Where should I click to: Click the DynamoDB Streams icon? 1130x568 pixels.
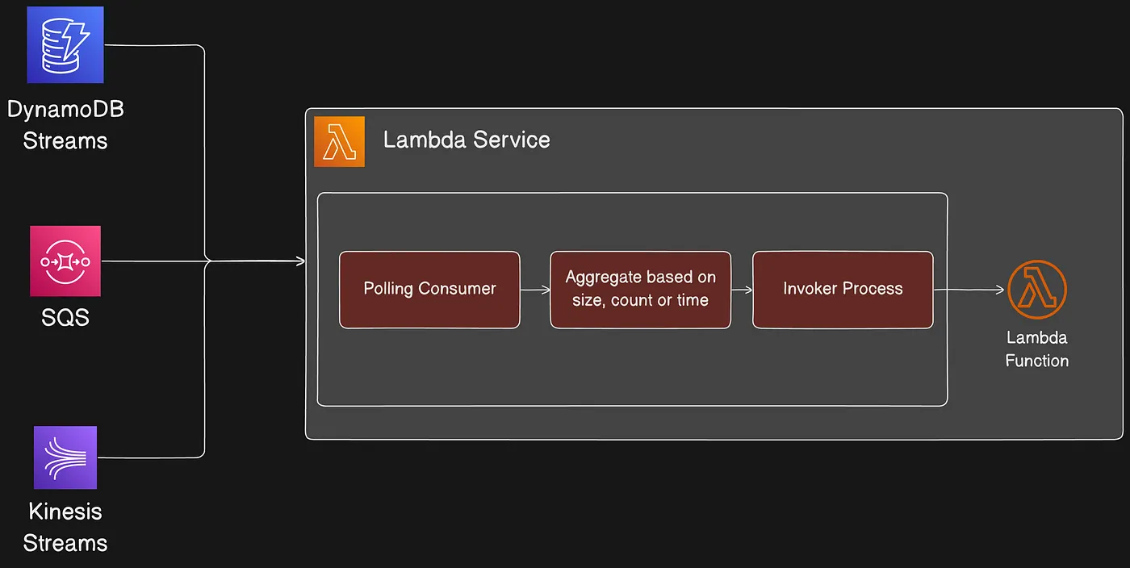point(65,44)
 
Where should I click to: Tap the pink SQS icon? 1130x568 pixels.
point(65,261)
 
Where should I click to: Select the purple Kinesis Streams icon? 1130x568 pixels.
point(65,457)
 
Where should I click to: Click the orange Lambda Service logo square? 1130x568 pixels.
point(339,141)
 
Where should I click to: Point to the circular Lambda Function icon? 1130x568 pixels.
point(1037,290)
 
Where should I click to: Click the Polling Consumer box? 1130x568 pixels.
point(429,290)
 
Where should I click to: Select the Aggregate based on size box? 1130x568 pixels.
point(640,290)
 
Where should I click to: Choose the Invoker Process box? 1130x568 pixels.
point(843,290)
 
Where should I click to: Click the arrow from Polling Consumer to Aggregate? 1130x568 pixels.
point(534,290)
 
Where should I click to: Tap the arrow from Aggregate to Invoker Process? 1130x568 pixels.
point(741,290)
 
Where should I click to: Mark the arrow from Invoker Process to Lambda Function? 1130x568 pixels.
point(969,290)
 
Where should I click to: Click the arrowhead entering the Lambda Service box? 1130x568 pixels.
point(300,261)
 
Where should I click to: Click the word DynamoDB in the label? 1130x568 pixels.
point(65,110)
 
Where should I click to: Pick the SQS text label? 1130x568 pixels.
point(65,317)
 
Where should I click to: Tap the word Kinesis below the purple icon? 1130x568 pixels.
point(65,512)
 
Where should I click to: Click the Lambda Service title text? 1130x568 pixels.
point(467,140)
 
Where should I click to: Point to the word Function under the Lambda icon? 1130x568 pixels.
point(1037,361)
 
